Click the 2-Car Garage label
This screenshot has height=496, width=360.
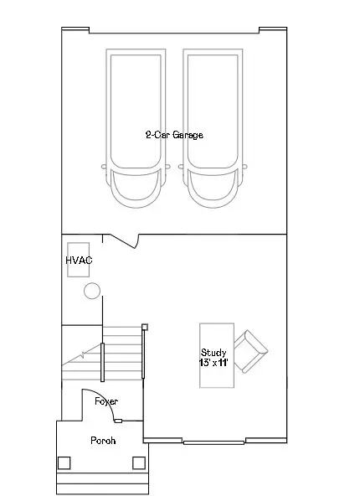click(174, 135)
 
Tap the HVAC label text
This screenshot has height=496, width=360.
click(79, 261)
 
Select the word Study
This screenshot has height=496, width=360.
click(213, 353)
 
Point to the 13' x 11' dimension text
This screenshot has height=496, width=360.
click(213, 363)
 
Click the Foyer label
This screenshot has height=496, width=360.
click(106, 401)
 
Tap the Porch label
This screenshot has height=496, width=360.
click(103, 441)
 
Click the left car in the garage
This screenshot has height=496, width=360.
click(136, 128)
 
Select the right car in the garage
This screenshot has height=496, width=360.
click(213, 128)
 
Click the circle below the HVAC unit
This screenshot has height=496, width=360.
click(92, 291)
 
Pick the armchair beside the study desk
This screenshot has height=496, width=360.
click(250, 351)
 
